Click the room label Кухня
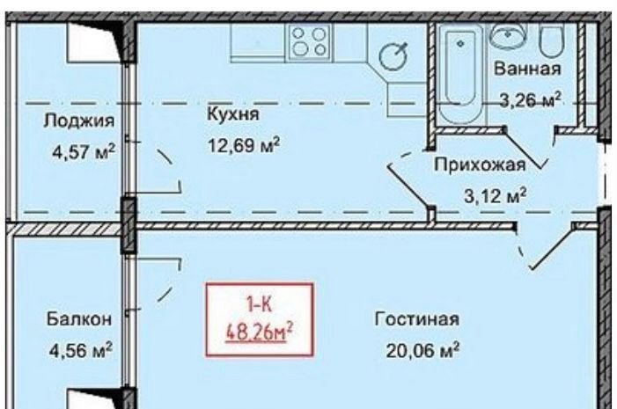pyautogui.click(x=233, y=114)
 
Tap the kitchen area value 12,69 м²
pyautogui.click(x=244, y=145)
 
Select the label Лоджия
pyautogui.click(x=79, y=121)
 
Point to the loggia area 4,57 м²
pyautogui.click(x=84, y=151)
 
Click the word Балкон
pyautogui.click(x=79, y=319)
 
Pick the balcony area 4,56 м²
pyautogui.click(x=81, y=349)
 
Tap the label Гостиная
pyautogui.click(x=416, y=319)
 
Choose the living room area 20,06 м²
pyautogui.click(x=422, y=350)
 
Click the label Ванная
pyautogui.click(x=527, y=69)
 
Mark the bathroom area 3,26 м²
pyautogui.click(x=530, y=99)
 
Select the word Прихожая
pyautogui.click(x=480, y=164)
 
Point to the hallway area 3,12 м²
pyautogui.click(x=496, y=195)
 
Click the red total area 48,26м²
pyautogui.click(x=260, y=332)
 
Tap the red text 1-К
pyautogui.click(x=260, y=304)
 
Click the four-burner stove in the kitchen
pyautogui.click(x=310, y=41)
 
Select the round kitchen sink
pyautogui.click(x=393, y=56)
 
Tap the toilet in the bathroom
pyautogui.click(x=551, y=40)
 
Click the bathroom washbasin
pyautogui.click(x=508, y=36)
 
